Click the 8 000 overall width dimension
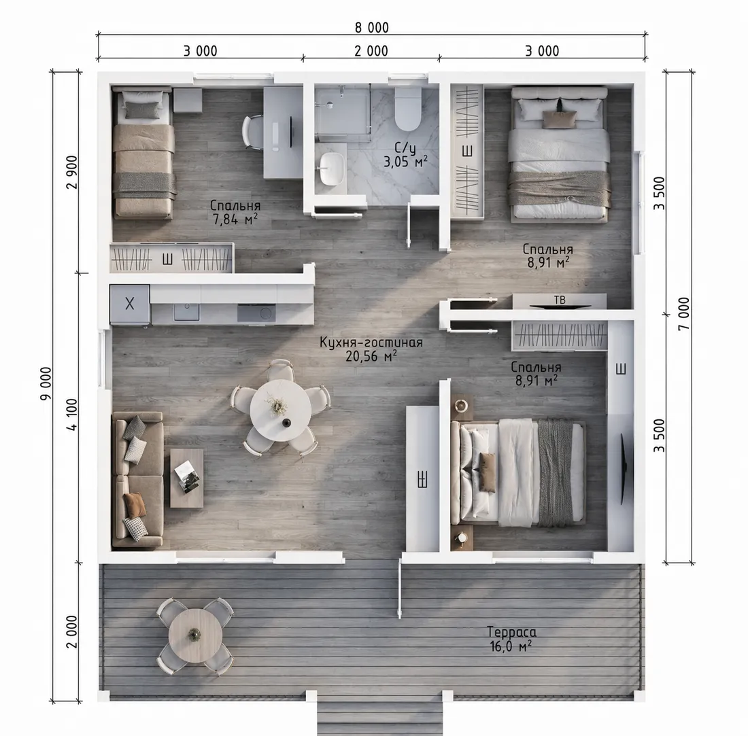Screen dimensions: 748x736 (x=371, y=28)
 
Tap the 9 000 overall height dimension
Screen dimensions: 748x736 (x=46, y=384)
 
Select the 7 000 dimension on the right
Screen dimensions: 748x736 (x=684, y=313)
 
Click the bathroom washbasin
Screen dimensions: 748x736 (x=332, y=169)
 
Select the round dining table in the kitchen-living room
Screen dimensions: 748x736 (x=280, y=410)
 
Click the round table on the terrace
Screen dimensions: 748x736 (x=195, y=635)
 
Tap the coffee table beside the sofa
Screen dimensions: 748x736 (x=186, y=478)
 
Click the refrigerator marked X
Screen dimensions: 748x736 (x=130, y=304)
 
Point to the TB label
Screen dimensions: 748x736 (x=560, y=300)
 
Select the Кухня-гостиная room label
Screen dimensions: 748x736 (x=371, y=343)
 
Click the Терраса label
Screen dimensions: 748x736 (x=511, y=632)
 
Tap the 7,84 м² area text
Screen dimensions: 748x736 (x=235, y=219)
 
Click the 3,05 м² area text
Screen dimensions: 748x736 (x=405, y=162)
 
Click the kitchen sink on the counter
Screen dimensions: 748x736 (x=186, y=312)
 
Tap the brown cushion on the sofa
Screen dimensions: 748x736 (x=135, y=504)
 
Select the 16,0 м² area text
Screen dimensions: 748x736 (x=511, y=646)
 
